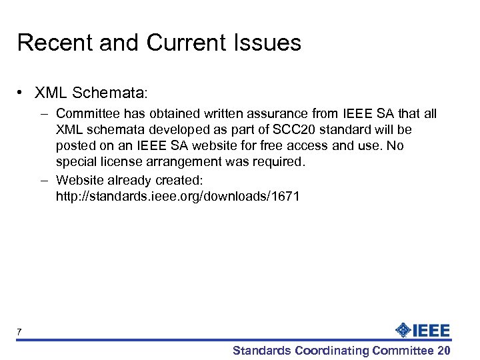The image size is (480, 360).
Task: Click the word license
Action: click(119, 161)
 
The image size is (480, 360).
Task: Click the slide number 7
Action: click(19, 331)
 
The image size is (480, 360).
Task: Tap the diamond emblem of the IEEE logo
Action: click(403, 330)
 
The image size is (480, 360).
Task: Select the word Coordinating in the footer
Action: click(332, 351)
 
